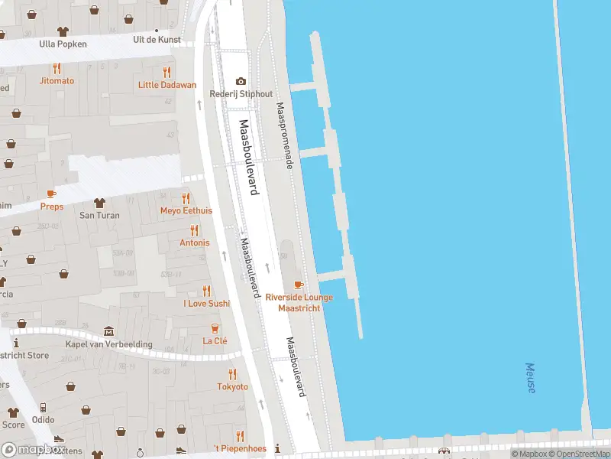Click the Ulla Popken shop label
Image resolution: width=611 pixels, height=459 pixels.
click(x=63, y=44)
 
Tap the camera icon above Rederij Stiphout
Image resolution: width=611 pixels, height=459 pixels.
click(x=241, y=81)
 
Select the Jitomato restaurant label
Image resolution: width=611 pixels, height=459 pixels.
click(x=57, y=80)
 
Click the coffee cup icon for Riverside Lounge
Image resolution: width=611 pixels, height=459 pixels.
click(x=299, y=285)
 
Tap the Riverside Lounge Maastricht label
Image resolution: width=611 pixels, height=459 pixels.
click(x=299, y=301)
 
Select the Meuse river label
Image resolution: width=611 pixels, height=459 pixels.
click(x=530, y=378)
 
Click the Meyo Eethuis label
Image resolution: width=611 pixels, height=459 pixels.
click(x=186, y=210)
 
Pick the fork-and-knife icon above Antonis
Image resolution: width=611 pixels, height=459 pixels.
click(x=194, y=229)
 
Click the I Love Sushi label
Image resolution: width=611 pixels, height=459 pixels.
click(x=206, y=303)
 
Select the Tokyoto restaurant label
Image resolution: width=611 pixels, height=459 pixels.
click(x=232, y=386)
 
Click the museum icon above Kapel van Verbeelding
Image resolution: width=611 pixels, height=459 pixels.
click(x=108, y=331)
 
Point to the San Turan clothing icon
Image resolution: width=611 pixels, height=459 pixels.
click(x=99, y=203)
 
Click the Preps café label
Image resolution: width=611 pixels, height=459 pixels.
click(x=52, y=207)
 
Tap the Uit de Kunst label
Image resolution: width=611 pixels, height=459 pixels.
click(x=157, y=38)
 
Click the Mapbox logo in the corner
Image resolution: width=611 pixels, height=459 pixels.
click(x=32, y=449)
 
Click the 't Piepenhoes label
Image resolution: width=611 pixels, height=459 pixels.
click(x=240, y=448)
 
